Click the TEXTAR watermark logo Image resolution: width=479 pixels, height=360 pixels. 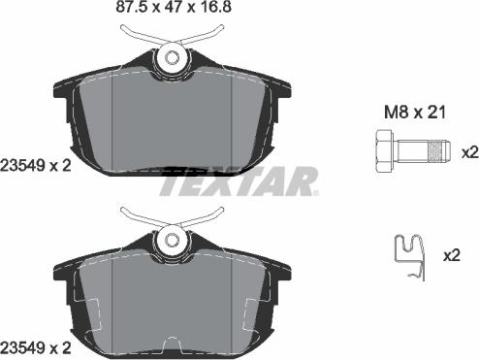tap(239, 181)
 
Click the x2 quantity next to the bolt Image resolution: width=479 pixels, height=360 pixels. tap(469, 153)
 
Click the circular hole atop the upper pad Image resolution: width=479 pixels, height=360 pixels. tap(174, 57)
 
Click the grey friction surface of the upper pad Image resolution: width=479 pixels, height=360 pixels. tap(175, 116)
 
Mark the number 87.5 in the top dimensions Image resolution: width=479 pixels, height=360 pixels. tap(100, 11)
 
